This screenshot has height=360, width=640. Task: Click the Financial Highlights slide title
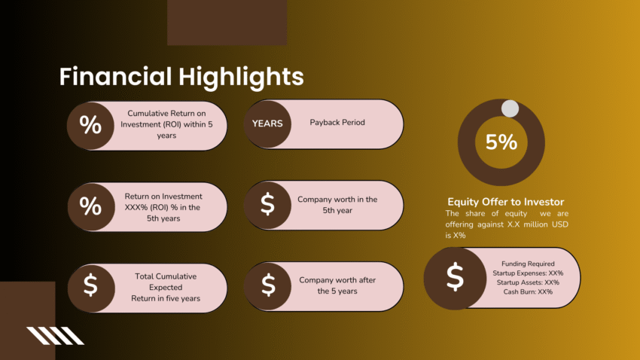click(181, 77)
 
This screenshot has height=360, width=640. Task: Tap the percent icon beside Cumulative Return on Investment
click(90, 125)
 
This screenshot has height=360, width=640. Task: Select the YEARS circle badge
click(267, 124)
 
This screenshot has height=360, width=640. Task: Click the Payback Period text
click(337, 122)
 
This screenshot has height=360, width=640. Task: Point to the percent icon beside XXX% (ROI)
click(90, 206)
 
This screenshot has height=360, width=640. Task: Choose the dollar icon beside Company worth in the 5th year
click(267, 205)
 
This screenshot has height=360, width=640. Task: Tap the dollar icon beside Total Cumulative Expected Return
click(90, 286)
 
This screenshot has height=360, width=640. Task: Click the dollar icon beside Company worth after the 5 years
click(267, 285)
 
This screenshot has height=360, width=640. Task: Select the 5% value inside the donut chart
click(501, 142)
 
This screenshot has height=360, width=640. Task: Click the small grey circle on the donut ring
click(510, 108)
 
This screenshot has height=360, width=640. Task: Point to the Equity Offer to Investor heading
click(505, 202)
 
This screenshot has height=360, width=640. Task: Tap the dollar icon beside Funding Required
click(454, 278)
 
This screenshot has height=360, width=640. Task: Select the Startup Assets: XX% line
click(531, 282)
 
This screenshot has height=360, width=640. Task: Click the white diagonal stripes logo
click(55, 336)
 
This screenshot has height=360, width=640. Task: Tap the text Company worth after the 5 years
click(337, 285)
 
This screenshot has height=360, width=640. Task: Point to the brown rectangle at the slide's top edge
click(227, 23)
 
